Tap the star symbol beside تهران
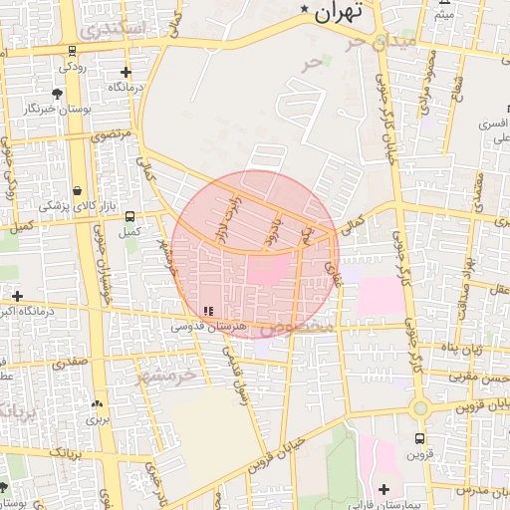[x=305, y=10]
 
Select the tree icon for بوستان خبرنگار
[x=57, y=93]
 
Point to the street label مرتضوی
[x=111, y=133]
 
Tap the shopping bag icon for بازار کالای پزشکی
[x=77, y=190]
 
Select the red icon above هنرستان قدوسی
[x=207, y=311]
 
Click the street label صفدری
[x=71, y=364]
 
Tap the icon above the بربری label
[x=97, y=404]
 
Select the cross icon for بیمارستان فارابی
[x=383, y=489]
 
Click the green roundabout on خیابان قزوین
[x=420, y=406]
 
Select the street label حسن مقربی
[x=486, y=378]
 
